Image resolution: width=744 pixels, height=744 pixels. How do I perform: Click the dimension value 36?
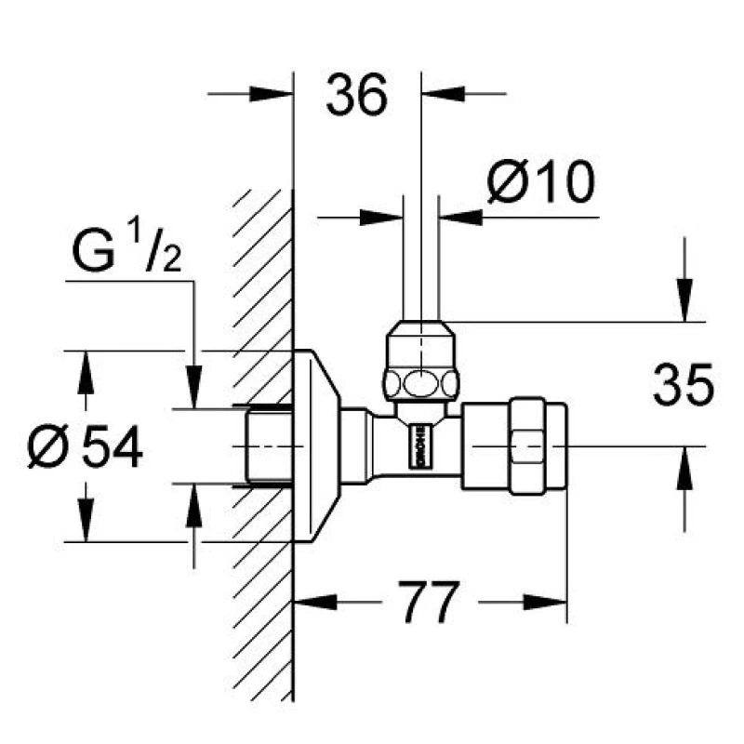[357, 96]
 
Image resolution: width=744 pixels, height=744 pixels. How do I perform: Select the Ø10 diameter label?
[540, 181]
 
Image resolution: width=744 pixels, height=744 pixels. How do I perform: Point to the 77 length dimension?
[431, 604]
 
